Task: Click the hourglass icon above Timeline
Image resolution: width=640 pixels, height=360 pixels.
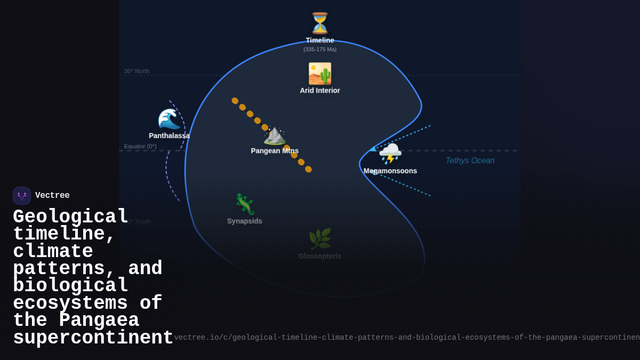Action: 320,23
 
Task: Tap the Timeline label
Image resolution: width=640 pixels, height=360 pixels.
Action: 320,41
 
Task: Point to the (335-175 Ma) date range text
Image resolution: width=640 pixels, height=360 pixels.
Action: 320,50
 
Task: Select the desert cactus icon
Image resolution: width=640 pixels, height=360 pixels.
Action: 320,74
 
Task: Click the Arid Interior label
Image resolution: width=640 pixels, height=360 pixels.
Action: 320,91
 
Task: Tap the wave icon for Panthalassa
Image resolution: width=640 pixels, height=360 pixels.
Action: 169,119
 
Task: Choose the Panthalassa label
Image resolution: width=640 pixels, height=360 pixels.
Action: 169,136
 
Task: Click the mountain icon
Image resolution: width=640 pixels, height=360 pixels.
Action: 275,135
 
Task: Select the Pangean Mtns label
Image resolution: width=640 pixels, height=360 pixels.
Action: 275,151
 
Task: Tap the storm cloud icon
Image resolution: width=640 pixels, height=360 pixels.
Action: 390,154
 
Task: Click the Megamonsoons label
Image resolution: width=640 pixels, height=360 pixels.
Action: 390,171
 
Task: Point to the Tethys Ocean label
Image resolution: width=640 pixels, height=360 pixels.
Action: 470,161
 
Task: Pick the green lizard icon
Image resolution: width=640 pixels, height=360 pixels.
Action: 245,204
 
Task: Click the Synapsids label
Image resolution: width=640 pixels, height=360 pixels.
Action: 245,221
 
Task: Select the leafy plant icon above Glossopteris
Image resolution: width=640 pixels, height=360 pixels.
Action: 320,239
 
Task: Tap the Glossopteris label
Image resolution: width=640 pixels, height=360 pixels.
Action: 320,257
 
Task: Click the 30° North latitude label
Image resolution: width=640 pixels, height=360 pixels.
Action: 137,71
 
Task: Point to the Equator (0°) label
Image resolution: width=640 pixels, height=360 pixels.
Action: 140,147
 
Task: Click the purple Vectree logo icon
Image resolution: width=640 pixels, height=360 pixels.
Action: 22,196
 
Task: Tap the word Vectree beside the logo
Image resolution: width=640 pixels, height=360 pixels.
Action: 52,196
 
